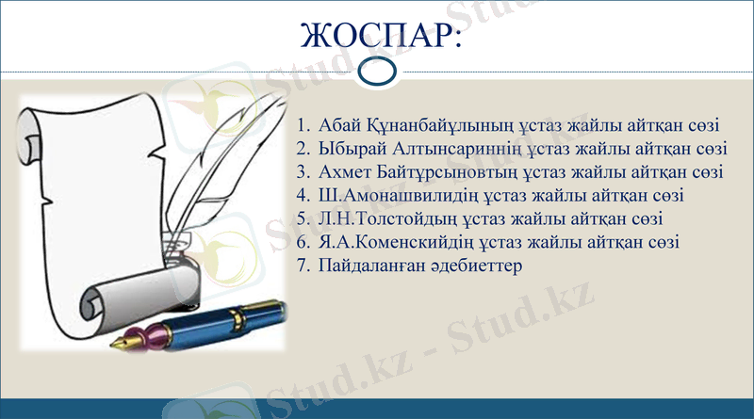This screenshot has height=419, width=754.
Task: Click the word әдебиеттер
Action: coord(473,266)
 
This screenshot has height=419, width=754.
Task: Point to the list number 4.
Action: coord(302,196)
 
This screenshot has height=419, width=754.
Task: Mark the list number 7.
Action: coord(302,266)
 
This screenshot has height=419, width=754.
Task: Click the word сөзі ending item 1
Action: coord(676,125)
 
